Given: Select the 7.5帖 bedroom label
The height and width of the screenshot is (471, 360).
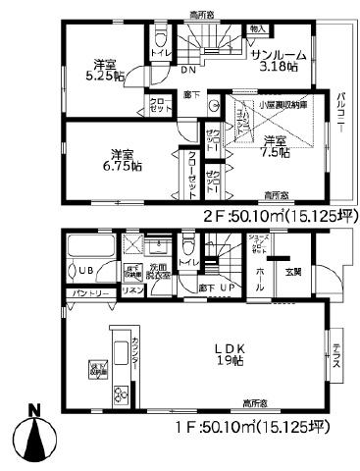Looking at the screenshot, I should click(x=276, y=147).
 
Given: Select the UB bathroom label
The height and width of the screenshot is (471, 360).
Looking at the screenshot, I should click(x=85, y=271).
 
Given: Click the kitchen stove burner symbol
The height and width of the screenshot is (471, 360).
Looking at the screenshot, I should click(x=122, y=395).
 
